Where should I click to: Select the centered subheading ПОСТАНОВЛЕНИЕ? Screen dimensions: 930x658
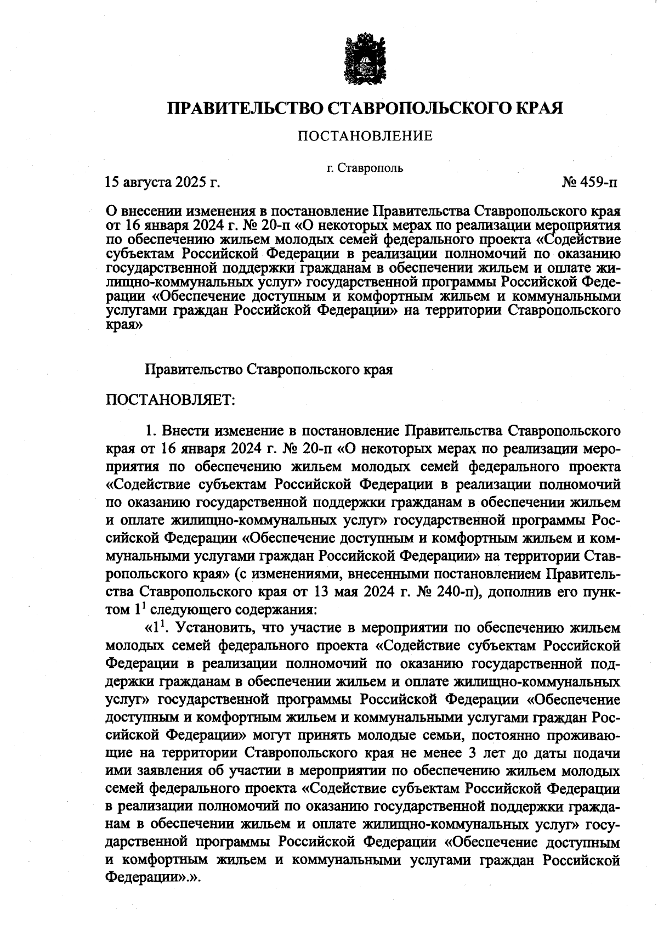point(365,136)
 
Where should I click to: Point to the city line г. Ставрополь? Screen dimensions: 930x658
point(365,168)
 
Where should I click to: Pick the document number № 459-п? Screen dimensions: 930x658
point(589,182)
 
